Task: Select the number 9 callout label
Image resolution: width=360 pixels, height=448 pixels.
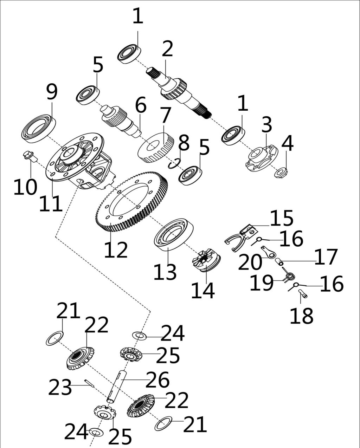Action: pyautogui.click(x=51, y=92)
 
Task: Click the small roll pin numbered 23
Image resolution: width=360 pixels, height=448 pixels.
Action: pyautogui.click(x=89, y=383)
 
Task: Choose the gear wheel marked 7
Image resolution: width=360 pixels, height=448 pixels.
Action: pyautogui.click(x=155, y=148)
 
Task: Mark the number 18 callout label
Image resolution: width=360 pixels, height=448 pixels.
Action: pyautogui.click(x=301, y=316)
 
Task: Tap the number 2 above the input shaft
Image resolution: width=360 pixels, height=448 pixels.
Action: pyautogui.click(x=167, y=49)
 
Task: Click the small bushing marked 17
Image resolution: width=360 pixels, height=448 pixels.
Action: pyautogui.click(x=279, y=261)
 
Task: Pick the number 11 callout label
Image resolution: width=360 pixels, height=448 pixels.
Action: pyautogui.click(x=51, y=204)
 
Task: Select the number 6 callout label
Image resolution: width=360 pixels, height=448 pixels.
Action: pyautogui.click(x=140, y=105)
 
